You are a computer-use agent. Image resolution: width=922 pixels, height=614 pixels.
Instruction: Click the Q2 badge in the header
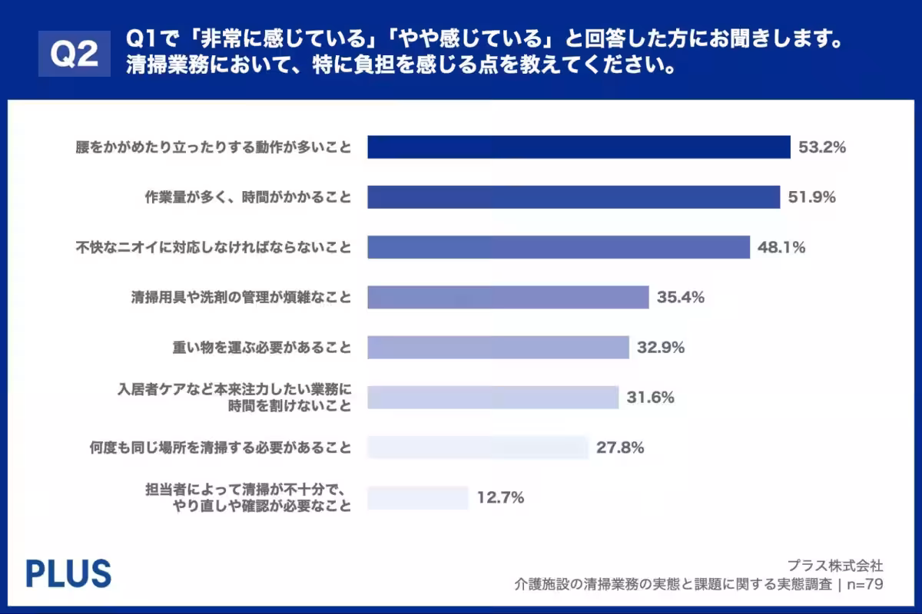(75, 53)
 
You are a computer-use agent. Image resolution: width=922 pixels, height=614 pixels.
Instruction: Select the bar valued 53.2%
(579, 147)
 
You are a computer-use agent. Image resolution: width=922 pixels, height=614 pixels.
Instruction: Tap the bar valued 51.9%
(573, 197)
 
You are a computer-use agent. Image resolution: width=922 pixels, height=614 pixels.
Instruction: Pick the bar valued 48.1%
(558, 247)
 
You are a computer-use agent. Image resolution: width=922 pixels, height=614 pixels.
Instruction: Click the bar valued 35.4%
(508, 297)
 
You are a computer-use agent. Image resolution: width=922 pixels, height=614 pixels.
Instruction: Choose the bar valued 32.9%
(498, 347)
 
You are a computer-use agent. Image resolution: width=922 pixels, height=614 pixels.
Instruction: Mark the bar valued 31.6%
(493, 398)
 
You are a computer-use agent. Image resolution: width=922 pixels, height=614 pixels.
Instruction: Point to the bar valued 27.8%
(477, 447)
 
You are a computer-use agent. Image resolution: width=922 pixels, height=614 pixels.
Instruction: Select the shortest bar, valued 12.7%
(417, 497)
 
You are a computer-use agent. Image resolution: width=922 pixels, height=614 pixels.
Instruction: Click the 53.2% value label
(822, 147)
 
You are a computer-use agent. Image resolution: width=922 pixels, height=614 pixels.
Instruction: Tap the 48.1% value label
(781, 247)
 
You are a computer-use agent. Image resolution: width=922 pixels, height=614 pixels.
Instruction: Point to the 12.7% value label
(500, 497)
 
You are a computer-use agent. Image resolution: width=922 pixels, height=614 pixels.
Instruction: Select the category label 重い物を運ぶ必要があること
(262, 348)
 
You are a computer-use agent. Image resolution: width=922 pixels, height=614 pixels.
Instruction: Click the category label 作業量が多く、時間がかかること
(248, 197)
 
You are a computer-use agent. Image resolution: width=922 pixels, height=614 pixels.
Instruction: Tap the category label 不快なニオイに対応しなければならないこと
(214, 247)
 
